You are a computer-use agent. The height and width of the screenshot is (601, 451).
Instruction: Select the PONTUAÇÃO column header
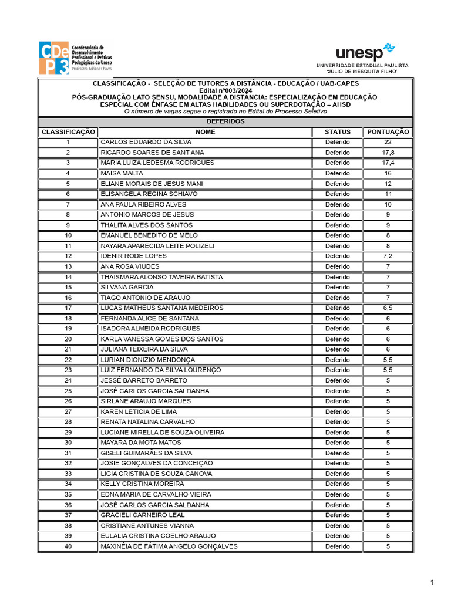pyautogui.click(x=388, y=132)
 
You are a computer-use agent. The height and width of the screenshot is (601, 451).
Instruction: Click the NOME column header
pyautogui.click(x=205, y=132)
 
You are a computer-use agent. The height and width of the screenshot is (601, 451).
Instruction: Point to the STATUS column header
pyautogui.click(x=337, y=132)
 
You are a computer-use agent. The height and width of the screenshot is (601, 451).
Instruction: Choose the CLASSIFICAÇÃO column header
pyautogui.click(x=68, y=132)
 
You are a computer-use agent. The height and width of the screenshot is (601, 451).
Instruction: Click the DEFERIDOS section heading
pyautogui.click(x=225, y=121)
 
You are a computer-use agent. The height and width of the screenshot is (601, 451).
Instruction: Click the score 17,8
pyautogui.click(x=388, y=153)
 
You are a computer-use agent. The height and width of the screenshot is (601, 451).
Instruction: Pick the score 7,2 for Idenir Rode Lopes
pyautogui.click(x=388, y=256)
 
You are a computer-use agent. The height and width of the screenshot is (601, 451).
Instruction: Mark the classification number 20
pyautogui.click(x=68, y=339)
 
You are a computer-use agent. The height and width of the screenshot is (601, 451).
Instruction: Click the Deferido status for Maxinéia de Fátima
pyautogui.click(x=337, y=546)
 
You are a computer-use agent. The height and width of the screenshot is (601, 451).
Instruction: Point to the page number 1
pyautogui.click(x=432, y=582)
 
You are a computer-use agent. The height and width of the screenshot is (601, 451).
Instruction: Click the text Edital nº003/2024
pyautogui.click(x=225, y=90)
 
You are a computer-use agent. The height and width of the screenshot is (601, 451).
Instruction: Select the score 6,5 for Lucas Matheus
pyautogui.click(x=388, y=308)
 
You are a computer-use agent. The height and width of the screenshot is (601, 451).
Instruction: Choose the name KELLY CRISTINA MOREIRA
pyautogui.click(x=142, y=484)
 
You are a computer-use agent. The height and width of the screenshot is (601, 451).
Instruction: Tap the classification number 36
pyautogui.click(x=68, y=505)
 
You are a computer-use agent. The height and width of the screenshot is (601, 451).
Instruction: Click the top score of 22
pyautogui.click(x=388, y=142)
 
